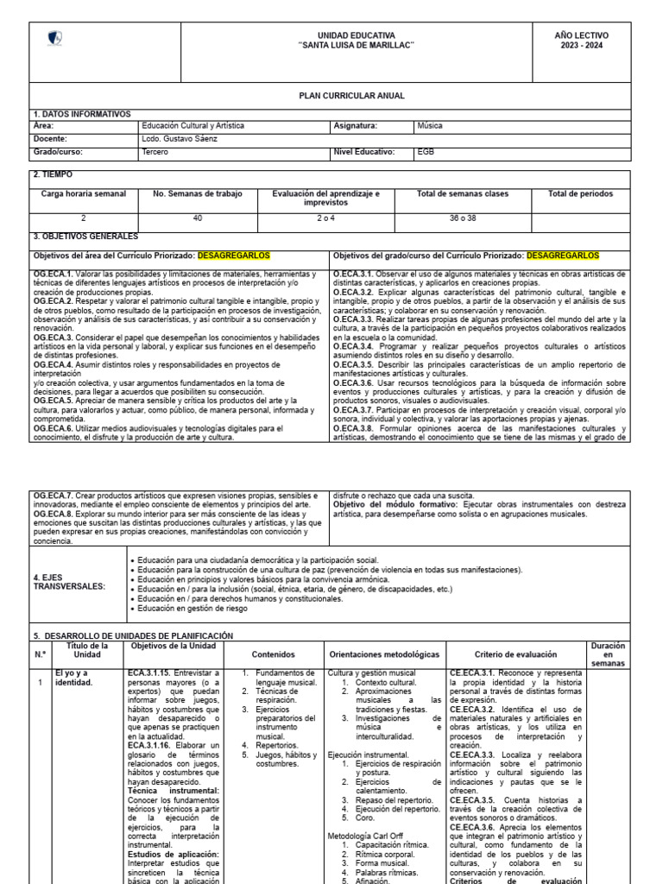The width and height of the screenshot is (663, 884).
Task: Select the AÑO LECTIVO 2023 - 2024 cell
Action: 580,41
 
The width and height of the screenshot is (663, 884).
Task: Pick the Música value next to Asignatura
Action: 430,126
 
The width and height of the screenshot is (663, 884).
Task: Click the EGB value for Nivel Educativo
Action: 426,152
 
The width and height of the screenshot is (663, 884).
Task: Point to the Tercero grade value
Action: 155,152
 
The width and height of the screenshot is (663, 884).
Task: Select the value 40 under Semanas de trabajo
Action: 198,218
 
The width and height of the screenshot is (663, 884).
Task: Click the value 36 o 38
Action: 463,218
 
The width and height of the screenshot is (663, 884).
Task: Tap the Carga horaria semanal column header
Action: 84,193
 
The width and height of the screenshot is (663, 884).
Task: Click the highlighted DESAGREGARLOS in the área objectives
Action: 234,256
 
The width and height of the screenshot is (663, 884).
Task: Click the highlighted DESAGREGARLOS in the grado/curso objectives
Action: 562,256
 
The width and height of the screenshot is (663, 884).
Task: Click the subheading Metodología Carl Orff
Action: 367,836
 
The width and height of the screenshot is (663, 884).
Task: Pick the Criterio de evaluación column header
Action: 516,654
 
